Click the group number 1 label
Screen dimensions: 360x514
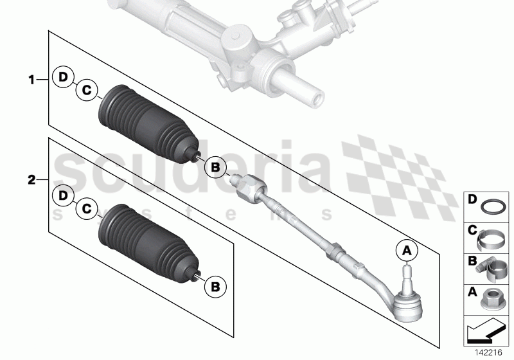click(30, 80)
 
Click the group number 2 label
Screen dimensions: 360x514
click(30, 181)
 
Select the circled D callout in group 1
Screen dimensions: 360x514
click(62, 78)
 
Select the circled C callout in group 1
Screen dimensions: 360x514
click(86, 91)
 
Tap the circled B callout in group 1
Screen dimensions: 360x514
click(216, 168)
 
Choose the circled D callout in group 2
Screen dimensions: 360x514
click(62, 194)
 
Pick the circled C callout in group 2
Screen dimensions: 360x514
click(86, 208)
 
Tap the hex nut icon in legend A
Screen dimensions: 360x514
click(491, 299)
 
